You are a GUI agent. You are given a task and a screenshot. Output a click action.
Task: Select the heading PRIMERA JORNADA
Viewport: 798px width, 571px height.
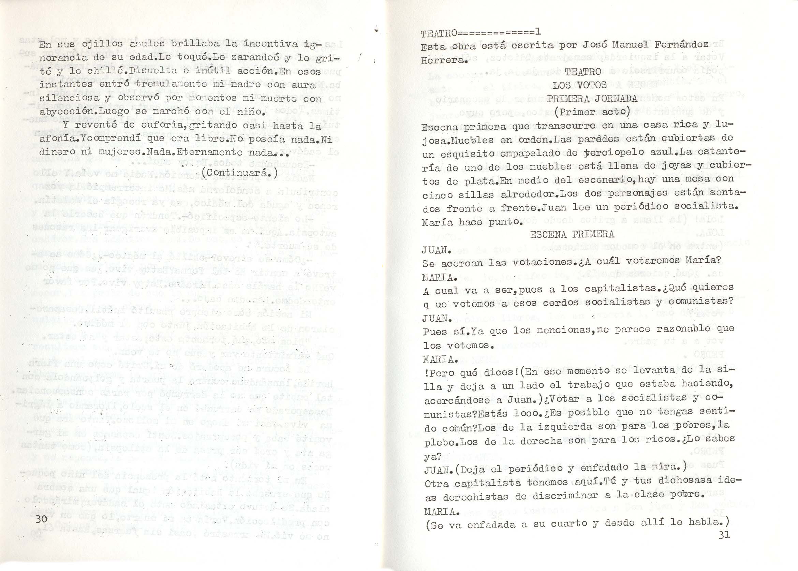tap(592, 99)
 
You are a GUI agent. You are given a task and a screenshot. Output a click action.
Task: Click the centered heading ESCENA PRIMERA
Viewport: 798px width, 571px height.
tap(572, 235)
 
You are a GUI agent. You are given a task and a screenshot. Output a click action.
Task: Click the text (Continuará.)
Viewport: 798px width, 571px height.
tap(240, 173)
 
